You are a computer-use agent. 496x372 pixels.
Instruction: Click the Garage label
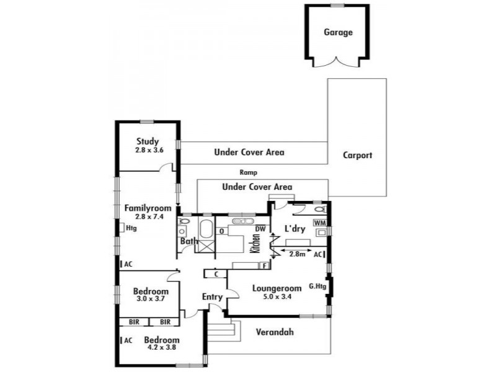(338, 32)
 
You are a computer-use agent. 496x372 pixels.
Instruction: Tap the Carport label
(358, 156)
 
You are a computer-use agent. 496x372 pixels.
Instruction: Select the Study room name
(148, 141)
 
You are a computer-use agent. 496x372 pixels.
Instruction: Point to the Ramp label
(249, 173)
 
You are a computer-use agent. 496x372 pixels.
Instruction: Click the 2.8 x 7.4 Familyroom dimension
(149, 216)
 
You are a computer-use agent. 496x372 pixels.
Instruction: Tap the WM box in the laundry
(320, 223)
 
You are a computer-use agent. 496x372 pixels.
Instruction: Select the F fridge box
(265, 266)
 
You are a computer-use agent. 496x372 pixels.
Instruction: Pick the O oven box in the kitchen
(222, 231)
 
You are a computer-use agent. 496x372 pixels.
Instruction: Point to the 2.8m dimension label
(298, 254)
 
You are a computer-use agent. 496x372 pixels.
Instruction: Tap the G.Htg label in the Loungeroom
(317, 287)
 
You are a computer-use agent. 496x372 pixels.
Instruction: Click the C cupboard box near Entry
(216, 274)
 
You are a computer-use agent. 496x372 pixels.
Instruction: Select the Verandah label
(275, 332)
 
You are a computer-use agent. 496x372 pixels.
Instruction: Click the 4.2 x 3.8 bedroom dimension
(162, 347)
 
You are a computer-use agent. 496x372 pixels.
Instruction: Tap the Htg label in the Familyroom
(131, 228)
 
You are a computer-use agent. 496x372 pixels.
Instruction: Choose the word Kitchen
(255, 243)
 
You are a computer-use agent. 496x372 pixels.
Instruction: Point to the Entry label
(212, 297)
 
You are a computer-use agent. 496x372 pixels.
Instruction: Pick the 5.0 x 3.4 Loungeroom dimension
(277, 297)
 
